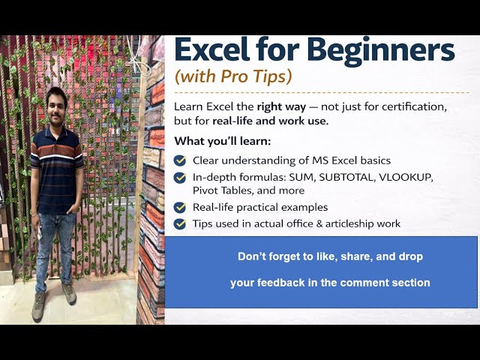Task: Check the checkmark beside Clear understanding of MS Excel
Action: click(180, 160)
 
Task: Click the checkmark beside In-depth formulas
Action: click(180, 178)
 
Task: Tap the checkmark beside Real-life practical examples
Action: click(180, 208)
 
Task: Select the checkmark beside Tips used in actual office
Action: click(180, 223)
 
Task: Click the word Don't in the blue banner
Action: click(252, 256)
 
